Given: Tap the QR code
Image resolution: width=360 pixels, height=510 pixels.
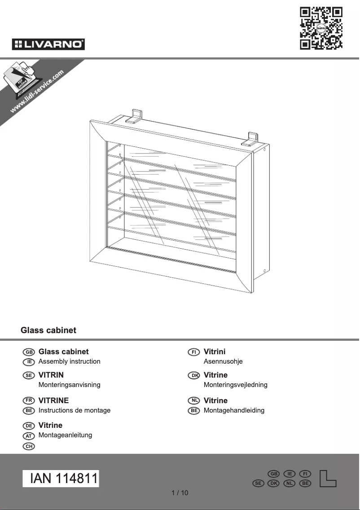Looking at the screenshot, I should pyautogui.click(x=321, y=28).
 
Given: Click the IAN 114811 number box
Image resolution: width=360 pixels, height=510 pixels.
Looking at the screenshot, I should pyautogui.click(x=61, y=479).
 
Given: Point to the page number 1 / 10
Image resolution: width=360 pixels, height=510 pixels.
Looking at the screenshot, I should pyautogui.click(x=180, y=493).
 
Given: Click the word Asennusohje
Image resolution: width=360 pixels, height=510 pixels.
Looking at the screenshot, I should pyautogui.click(x=223, y=361).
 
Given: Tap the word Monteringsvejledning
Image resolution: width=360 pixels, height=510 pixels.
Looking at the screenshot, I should pyautogui.click(x=235, y=385).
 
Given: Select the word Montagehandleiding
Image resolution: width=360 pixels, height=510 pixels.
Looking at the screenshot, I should pyautogui.click(x=234, y=410).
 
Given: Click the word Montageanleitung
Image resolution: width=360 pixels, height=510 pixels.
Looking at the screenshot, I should pyautogui.click(x=65, y=435).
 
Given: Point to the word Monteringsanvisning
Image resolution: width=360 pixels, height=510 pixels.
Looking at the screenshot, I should pyautogui.click(x=69, y=385).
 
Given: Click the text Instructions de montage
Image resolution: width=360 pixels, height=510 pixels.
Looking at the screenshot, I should pyautogui.click(x=74, y=410).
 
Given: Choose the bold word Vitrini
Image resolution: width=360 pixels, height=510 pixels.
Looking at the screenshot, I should pyautogui.click(x=215, y=352).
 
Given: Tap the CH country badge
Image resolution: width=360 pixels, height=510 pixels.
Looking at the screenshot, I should pyautogui.click(x=28, y=446).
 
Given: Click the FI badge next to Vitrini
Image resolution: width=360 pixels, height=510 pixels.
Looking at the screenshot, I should pyautogui.click(x=194, y=352).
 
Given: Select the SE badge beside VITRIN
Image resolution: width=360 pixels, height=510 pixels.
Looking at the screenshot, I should pyautogui.click(x=28, y=375).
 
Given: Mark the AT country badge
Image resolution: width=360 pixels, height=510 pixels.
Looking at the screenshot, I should pyautogui.click(x=28, y=436).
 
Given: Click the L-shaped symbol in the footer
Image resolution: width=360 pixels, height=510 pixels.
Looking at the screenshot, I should pyautogui.click(x=328, y=479).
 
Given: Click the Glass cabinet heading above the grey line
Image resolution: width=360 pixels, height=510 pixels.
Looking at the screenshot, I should pyautogui.click(x=48, y=330).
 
